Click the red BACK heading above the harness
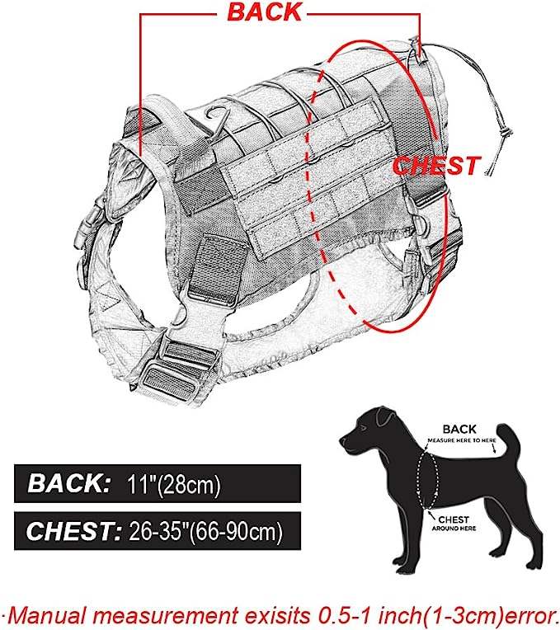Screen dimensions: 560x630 pos(264,13)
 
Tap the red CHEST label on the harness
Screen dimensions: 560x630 pos(435,165)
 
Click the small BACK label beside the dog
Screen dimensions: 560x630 pos(459,429)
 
